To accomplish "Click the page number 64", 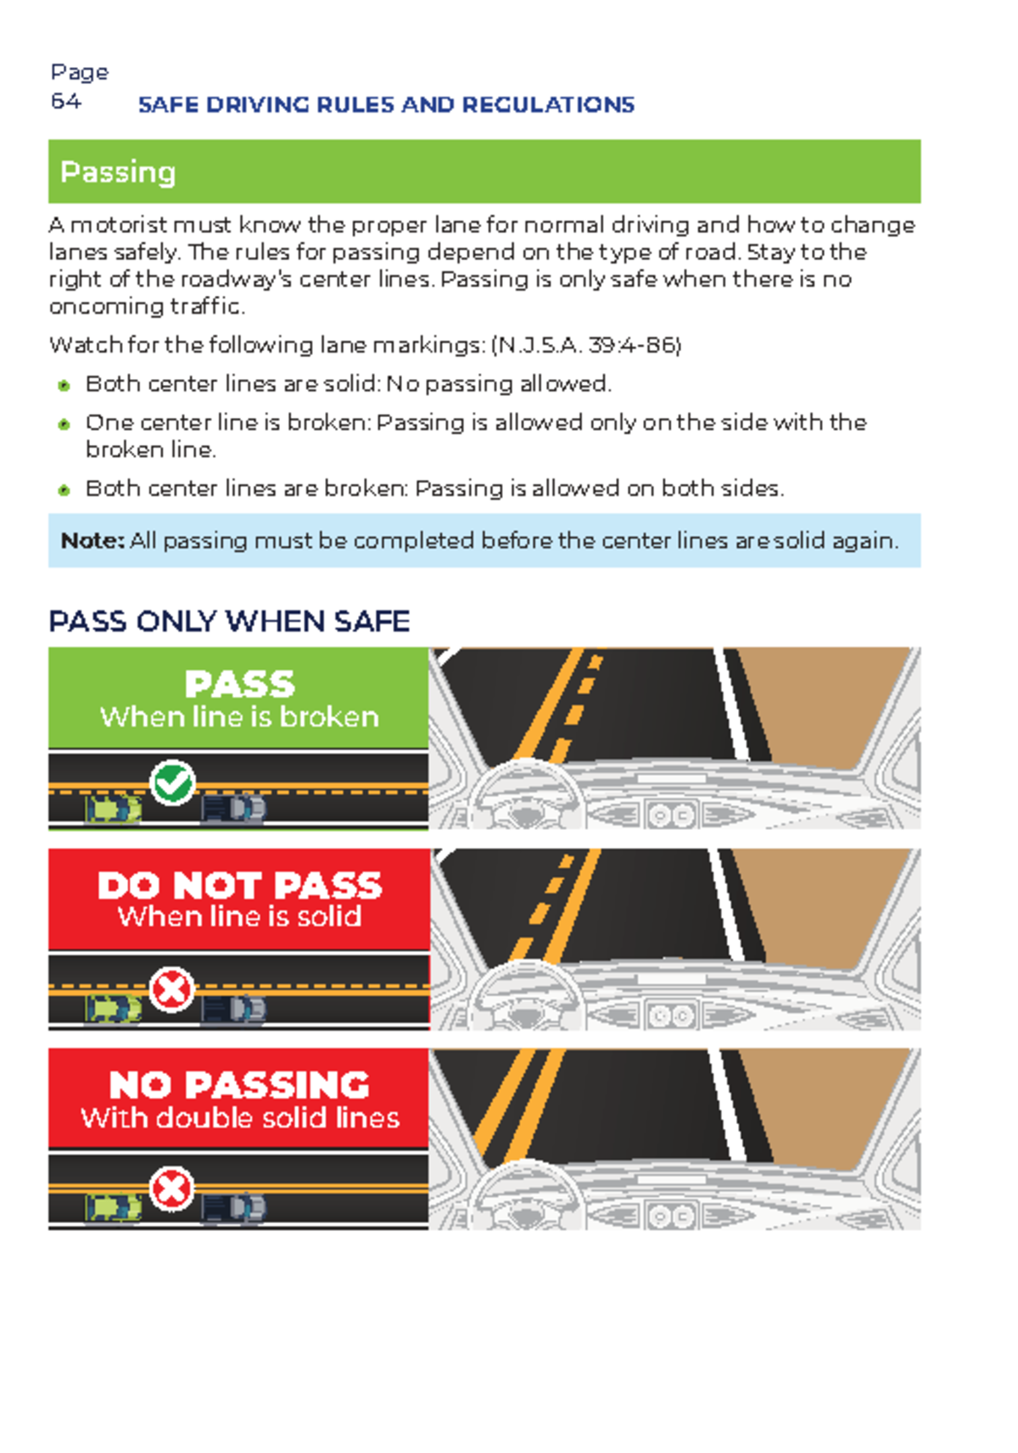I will click(x=65, y=102).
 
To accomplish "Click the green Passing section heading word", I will click(x=118, y=172).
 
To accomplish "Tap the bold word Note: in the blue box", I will click(x=92, y=541).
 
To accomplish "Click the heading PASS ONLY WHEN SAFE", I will click(x=229, y=621).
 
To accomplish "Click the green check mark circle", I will click(x=172, y=782).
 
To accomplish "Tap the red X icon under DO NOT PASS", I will click(x=171, y=989).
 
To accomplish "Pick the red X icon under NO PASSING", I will click(x=171, y=1189).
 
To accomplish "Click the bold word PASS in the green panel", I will click(x=240, y=684).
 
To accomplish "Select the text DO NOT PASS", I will click(x=240, y=886).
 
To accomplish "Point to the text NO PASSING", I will click(x=240, y=1085).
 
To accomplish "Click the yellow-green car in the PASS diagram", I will click(x=113, y=810).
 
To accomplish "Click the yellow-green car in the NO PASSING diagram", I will click(x=113, y=1208).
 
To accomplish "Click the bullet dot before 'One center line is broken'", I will click(x=64, y=424).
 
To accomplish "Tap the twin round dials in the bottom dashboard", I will click(x=671, y=1216).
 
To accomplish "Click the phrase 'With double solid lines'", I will click(x=240, y=1118).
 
